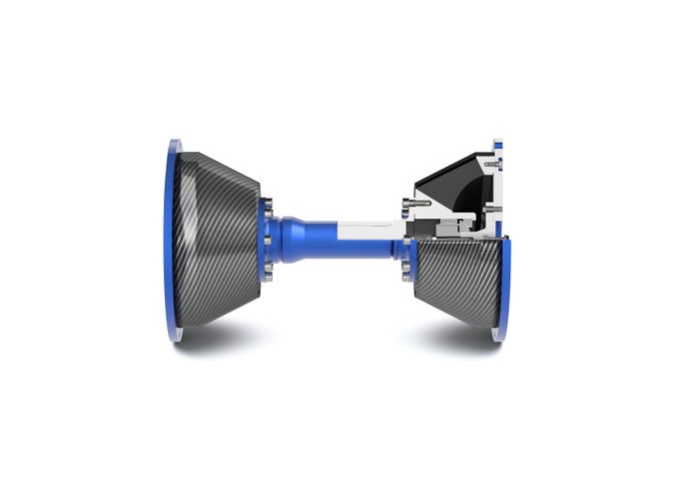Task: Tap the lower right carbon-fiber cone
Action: (454, 279)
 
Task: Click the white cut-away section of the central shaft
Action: (369, 231)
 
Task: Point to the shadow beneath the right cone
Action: (459, 339)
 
